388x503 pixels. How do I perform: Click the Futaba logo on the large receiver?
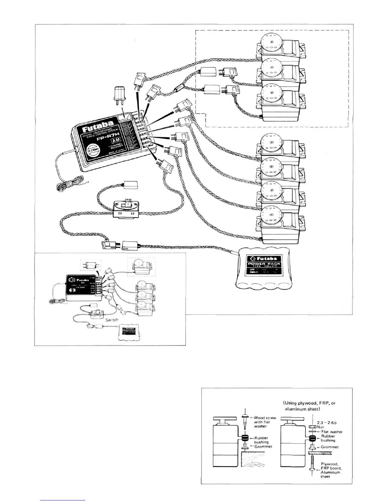[x=98, y=127]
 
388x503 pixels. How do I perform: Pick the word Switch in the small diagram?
[x=112, y=320]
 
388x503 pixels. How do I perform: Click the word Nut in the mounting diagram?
[x=321, y=427]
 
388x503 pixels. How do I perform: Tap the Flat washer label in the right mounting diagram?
[x=332, y=432]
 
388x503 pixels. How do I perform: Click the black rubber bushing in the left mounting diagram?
[x=245, y=438]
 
